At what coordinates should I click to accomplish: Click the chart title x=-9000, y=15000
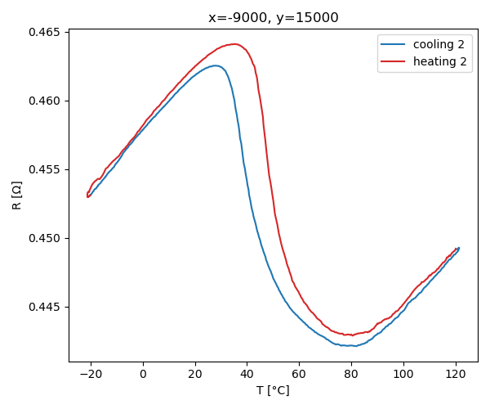(x=273, y=17)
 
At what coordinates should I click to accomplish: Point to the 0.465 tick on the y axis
(x=48, y=33)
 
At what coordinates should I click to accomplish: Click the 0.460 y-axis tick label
(x=48, y=101)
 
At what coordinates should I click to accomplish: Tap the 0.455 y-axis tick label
(x=48, y=170)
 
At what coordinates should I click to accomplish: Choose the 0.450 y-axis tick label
(x=48, y=239)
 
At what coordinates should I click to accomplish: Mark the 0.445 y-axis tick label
(x=48, y=308)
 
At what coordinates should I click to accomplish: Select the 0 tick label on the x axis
(x=143, y=374)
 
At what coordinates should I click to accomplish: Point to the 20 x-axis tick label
(x=195, y=374)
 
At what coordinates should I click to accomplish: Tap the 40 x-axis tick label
(x=247, y=374)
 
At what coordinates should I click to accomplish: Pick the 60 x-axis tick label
(x=299, y=374)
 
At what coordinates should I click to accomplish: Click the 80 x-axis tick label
(x=351, y=374)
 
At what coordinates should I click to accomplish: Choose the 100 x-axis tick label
(x=403, y=374)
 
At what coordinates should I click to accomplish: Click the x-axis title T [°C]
(x=273, y=390)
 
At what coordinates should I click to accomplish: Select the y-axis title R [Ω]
(x=17, y=196)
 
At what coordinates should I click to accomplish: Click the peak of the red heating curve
(x=234, y=44)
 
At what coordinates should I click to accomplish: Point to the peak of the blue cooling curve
(x=216, y=65)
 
